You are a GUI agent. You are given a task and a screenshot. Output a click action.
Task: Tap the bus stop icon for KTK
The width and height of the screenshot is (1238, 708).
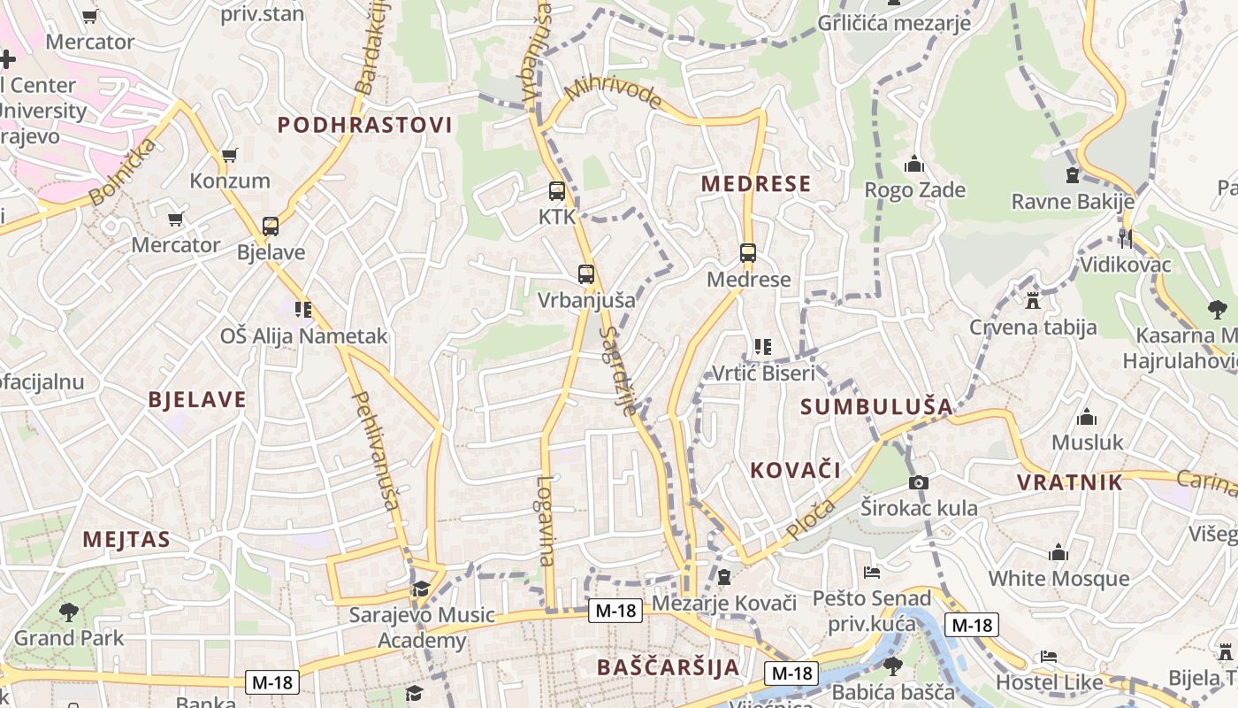coord(557,190)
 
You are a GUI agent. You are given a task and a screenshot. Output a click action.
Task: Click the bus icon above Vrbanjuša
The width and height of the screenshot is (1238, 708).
coord(586,273)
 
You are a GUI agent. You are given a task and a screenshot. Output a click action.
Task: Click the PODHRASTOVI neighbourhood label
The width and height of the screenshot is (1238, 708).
coord(365,125)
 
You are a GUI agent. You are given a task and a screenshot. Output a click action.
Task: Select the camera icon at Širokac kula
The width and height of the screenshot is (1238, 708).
coord(919,482)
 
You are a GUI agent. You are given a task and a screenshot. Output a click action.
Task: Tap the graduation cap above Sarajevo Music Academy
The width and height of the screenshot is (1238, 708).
coord(421,589)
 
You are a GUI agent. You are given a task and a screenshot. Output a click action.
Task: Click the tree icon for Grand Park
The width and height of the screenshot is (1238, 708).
coord(69,612)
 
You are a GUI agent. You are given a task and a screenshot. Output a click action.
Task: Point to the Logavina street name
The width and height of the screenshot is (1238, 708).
coord(546,521)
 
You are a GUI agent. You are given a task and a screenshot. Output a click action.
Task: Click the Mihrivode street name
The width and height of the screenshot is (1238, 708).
coord(613,91)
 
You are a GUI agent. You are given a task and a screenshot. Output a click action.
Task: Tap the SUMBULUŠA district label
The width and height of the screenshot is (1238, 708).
coord(876,407)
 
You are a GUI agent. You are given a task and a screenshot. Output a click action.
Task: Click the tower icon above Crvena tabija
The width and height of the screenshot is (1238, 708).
coord(1033,301)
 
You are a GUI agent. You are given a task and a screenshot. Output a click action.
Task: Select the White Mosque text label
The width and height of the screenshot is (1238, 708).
coord(1058,579)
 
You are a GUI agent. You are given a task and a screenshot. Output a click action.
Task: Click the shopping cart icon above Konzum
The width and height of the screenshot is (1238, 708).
coord(230,156)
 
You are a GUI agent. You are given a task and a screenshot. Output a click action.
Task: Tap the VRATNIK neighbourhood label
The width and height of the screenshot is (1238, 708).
coord(1069,482)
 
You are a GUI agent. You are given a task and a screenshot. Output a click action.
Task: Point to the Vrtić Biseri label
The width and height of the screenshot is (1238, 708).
coord(763,373)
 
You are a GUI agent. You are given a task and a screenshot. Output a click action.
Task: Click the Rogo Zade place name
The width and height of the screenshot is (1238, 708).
coord(914,190)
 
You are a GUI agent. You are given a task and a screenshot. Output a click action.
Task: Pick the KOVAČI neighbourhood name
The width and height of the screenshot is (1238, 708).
coord(795,470)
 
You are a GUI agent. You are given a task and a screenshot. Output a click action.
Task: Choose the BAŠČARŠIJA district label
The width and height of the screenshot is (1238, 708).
coord(668,667)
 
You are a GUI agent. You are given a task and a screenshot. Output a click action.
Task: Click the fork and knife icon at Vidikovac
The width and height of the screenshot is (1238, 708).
coord(1125,238)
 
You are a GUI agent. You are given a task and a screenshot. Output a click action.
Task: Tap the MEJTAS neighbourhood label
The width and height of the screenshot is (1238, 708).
coord(126,539)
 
